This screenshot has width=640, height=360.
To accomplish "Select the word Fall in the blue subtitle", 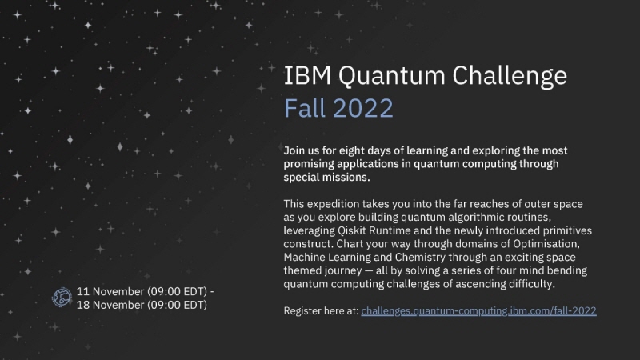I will click(305, 106).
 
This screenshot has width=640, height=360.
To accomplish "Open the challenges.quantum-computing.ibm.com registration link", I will click(478, 310).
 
